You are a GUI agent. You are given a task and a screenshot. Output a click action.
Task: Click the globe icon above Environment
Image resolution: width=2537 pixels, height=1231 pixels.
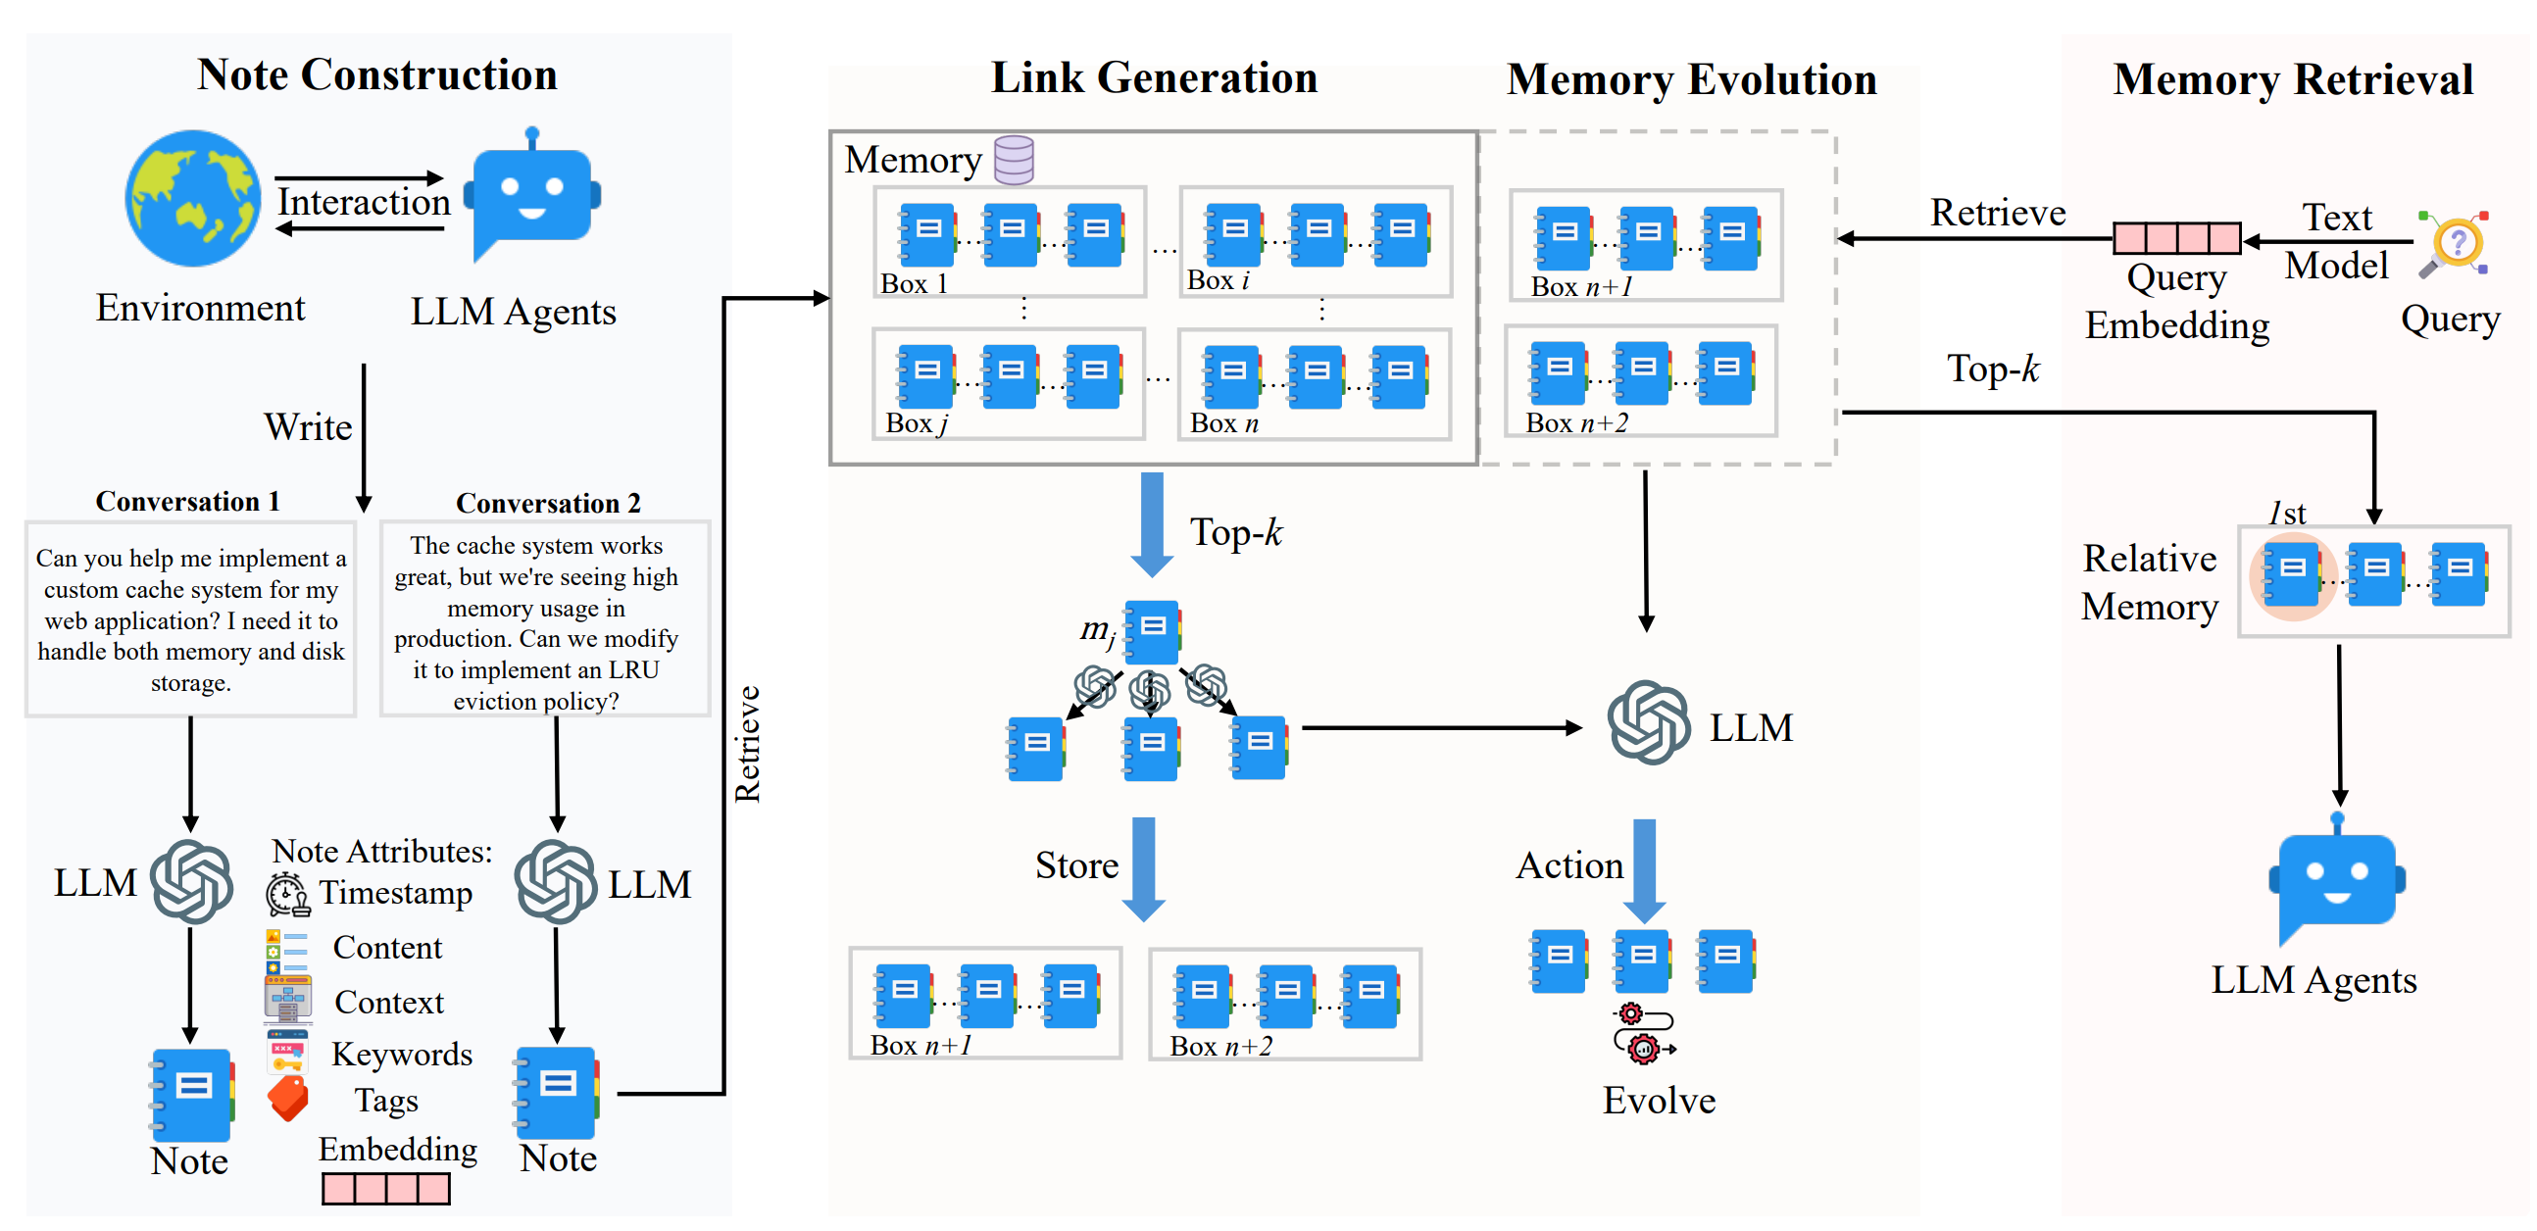193,198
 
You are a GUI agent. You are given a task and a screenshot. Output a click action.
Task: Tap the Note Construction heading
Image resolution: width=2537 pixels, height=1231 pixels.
377,74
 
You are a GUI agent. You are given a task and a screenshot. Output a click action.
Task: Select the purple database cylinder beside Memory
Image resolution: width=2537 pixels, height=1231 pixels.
1014,160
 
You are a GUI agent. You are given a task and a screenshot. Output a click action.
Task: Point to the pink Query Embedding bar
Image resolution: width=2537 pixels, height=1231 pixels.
2176,238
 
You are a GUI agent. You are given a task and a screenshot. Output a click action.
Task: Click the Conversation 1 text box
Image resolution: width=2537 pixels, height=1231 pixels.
190,619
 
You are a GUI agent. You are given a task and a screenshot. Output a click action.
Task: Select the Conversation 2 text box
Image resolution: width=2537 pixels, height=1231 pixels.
545,619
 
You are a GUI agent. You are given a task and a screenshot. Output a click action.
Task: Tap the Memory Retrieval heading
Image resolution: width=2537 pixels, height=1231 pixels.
2293,78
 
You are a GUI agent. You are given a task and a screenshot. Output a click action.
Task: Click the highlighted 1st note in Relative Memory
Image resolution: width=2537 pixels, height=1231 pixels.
2292,575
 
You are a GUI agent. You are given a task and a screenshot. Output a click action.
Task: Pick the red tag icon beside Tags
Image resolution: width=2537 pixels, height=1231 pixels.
287,1098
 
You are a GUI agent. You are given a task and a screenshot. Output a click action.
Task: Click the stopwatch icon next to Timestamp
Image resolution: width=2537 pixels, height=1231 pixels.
287,893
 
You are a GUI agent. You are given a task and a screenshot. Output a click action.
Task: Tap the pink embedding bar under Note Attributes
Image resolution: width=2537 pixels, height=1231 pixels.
386,1189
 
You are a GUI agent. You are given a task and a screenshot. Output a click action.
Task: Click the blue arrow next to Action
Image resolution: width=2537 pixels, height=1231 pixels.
1645,870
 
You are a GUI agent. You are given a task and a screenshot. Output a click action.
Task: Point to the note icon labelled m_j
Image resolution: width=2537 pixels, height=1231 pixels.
1151,632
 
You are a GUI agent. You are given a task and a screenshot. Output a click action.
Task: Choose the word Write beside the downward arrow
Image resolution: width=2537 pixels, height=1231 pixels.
308,427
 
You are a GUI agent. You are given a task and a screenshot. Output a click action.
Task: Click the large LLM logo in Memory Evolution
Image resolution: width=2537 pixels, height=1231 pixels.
1649,723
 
